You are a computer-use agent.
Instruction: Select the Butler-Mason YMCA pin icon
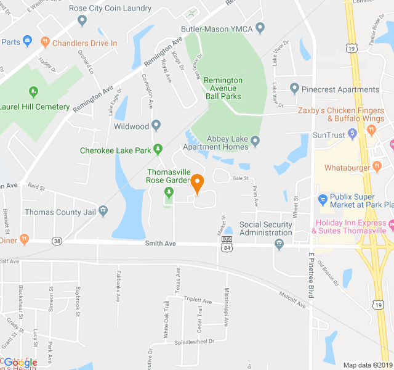(260, 28)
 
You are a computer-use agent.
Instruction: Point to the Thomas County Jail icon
(103, 212)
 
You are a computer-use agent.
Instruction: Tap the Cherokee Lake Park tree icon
(158, 149)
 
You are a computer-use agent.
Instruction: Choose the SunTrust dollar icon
(352, 133)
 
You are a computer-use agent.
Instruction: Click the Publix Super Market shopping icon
(321, 199)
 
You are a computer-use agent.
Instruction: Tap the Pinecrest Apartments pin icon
(294, 89)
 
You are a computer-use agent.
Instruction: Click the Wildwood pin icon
(156, 126)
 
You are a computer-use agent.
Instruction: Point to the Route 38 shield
(57, 240)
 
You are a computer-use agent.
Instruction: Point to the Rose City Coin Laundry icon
(82, 20)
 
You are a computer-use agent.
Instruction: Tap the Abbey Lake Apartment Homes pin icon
(255, 142)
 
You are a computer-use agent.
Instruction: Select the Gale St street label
(240, 178)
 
